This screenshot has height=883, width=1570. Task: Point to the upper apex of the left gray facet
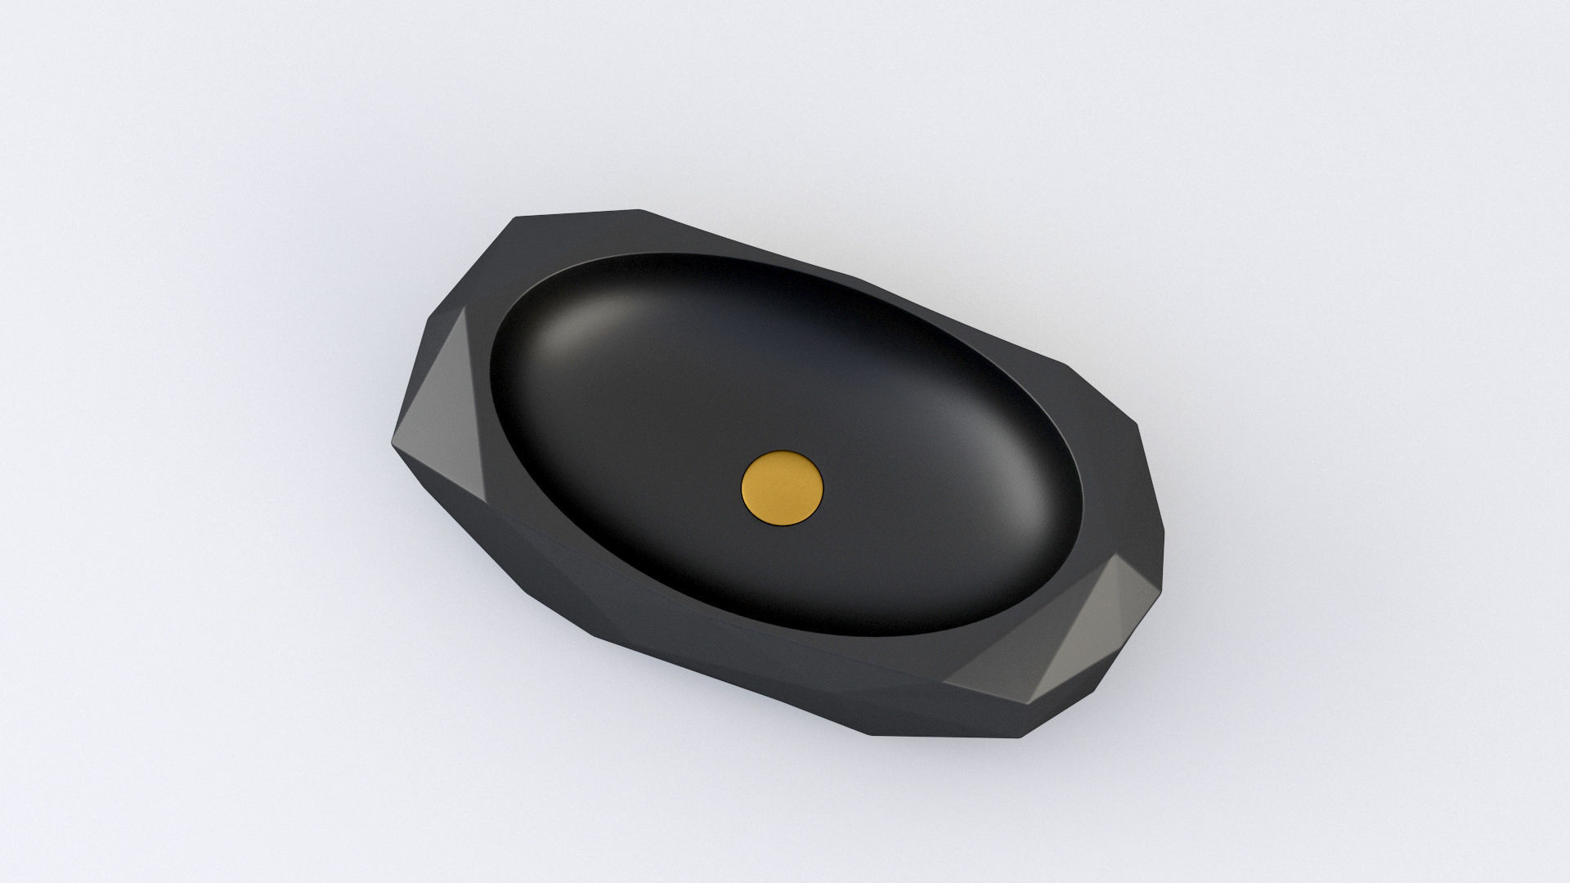pyautogui.click(x=467, y=308)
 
